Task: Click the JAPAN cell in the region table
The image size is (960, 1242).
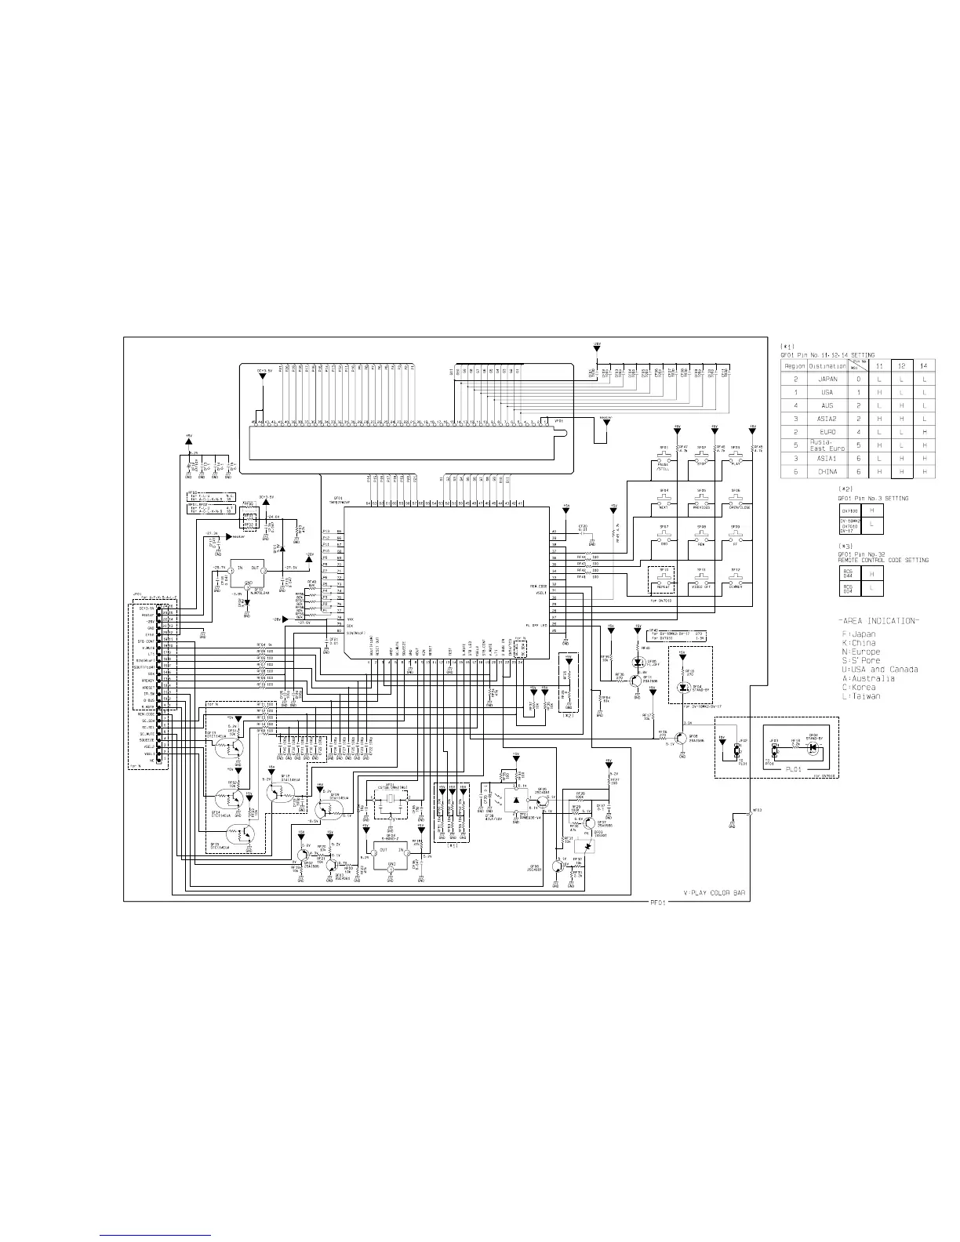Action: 827,379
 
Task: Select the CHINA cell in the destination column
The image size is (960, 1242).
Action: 827,472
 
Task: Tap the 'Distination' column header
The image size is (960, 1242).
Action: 827,365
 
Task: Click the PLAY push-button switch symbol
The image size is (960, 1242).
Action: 736,454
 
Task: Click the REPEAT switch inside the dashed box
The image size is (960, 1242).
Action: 664,577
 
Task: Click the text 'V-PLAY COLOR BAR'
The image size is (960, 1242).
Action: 714,893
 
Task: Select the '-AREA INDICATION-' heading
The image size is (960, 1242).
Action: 876,621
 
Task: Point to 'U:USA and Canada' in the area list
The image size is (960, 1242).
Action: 879,670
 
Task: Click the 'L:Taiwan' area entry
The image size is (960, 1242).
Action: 860,696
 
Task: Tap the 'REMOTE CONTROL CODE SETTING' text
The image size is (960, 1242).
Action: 883,560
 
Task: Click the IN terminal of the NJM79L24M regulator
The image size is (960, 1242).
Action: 240,567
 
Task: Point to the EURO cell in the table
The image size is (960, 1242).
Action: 827,432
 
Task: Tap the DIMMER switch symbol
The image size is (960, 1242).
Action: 736,577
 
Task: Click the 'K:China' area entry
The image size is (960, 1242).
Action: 857,643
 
